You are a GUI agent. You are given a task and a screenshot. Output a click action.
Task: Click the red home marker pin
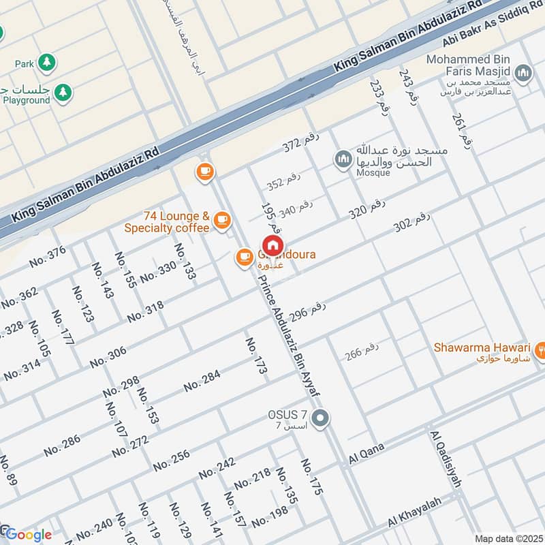(x=272, y=245)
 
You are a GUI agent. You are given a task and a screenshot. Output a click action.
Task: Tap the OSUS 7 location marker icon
(x=321, y=418)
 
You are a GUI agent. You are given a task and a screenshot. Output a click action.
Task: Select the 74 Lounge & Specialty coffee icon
(x=221, y=219)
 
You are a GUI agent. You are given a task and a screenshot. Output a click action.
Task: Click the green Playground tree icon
(x=63, y=91)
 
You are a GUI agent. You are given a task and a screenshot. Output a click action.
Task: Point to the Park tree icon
(x=46, y=63)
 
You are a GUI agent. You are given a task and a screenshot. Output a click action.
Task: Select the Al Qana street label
(x=367, y=454)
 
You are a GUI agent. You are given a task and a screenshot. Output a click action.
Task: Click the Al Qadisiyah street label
(x=446, y=458)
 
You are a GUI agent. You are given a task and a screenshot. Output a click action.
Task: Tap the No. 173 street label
(x=256, y=356)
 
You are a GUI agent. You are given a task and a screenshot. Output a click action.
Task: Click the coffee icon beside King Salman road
(x=204, y=172)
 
